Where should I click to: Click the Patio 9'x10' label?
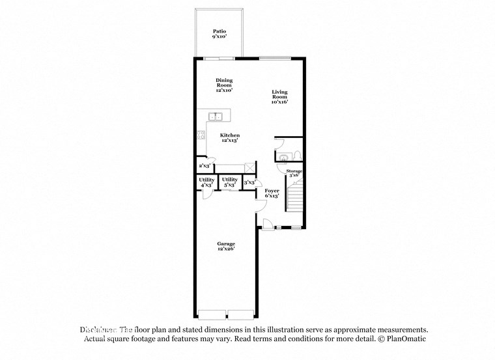219,34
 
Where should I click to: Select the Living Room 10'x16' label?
279,96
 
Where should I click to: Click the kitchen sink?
216,117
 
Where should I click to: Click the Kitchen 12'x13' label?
230,137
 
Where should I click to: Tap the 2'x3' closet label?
204,166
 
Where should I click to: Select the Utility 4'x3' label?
206,182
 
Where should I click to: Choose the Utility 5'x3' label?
229,182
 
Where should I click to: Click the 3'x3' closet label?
249,183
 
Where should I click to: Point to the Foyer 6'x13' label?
272,193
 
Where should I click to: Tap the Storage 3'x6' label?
294,173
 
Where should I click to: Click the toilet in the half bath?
296,156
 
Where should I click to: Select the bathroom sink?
283,157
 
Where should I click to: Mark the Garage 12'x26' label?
226,246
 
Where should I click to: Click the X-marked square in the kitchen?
248,167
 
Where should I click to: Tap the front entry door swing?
267,224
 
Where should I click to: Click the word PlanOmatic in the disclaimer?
404,339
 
